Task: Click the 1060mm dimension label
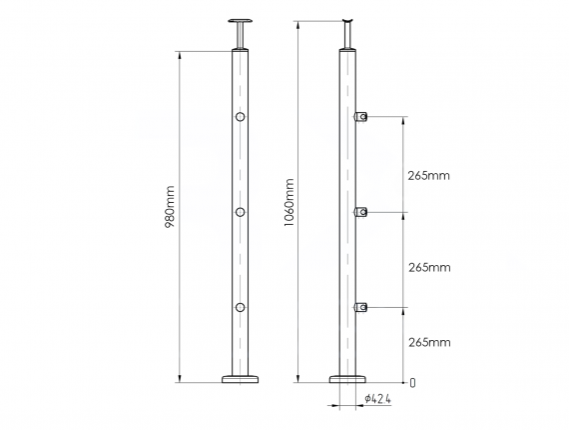coord(288,201)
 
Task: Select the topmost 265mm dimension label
coord(429,176)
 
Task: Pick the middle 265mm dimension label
coord(429,267)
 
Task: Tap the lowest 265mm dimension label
coord(429,342)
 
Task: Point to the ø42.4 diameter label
coord(377,399)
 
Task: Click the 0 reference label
coord(412,382)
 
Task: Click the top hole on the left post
coord(240,119)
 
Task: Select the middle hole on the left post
coord(240,212)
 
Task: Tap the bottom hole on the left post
coord(240,307)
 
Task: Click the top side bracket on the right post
coord(363,118)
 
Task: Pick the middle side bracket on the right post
coord(363,211)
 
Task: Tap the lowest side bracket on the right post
coord(363,306)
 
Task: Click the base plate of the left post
coord(240,379)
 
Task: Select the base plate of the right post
coord(348,379)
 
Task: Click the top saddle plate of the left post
coord(240,21)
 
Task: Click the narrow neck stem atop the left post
coord(240,37)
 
